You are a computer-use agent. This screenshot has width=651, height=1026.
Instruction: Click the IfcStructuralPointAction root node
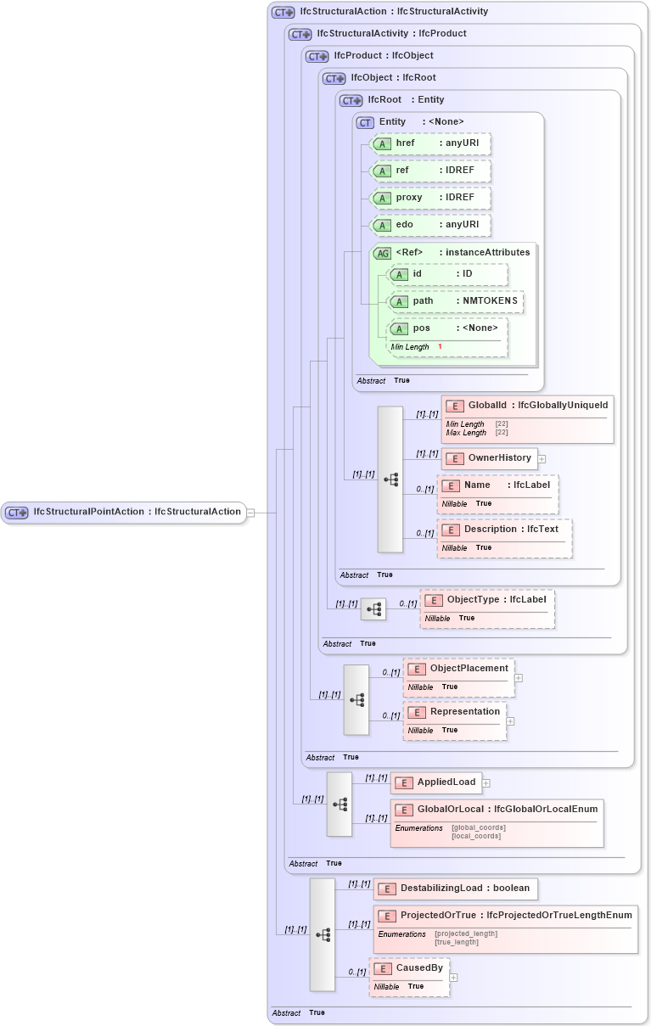click(124, 512)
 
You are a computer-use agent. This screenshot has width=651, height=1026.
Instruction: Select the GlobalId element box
click(526, 406)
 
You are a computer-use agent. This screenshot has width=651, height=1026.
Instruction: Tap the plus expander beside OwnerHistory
click(542, 459)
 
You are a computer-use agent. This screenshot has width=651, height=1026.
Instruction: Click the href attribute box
click(430, 143)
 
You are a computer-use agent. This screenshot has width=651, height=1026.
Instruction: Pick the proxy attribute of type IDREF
click(430, 198)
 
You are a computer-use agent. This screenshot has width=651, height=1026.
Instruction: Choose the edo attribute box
click(430, 225)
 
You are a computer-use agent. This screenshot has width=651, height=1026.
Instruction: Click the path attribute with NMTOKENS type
click(455, 301)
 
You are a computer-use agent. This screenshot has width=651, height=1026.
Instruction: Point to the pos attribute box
click(446, 328)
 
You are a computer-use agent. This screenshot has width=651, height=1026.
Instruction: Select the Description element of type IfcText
click(504, 530)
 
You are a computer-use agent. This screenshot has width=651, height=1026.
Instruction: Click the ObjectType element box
click(487, 600)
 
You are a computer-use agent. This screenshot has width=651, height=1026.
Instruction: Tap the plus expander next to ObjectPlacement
click(519, 678)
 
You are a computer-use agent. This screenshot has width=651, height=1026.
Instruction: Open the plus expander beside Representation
click(511, 721)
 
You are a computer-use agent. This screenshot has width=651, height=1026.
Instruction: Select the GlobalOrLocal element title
click(497, 810)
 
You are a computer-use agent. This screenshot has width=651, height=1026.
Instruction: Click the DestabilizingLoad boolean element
click(455, 889)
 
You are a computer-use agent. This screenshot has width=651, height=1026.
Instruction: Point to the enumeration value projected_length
click(466, 933)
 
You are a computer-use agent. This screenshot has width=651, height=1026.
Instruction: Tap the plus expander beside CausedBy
click(453, 978)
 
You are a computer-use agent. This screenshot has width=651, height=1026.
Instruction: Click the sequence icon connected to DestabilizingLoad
click(323, 934)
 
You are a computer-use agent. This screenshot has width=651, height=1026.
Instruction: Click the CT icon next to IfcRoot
click(351, 100)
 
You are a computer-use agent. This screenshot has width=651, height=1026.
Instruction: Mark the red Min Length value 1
click(440, 347)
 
